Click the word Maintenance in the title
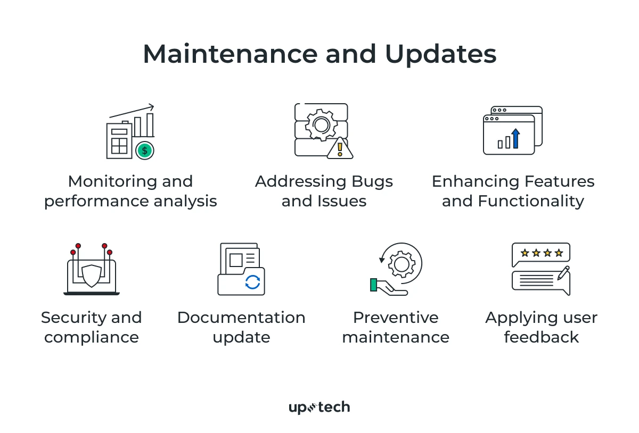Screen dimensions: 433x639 227,54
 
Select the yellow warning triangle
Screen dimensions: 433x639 339,148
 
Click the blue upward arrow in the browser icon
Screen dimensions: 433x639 515,138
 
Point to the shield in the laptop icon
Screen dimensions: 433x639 92,276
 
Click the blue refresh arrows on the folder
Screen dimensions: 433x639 252,282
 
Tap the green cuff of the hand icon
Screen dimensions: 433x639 374,285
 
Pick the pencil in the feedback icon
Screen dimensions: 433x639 563,273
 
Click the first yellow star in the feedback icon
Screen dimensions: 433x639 525,253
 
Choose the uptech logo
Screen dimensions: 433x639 319,407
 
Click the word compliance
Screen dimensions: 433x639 92,337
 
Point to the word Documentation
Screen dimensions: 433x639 241,318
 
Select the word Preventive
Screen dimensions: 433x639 396,318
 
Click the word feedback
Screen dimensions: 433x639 541,337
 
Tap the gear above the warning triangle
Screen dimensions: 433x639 321,125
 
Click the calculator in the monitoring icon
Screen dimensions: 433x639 119,141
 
